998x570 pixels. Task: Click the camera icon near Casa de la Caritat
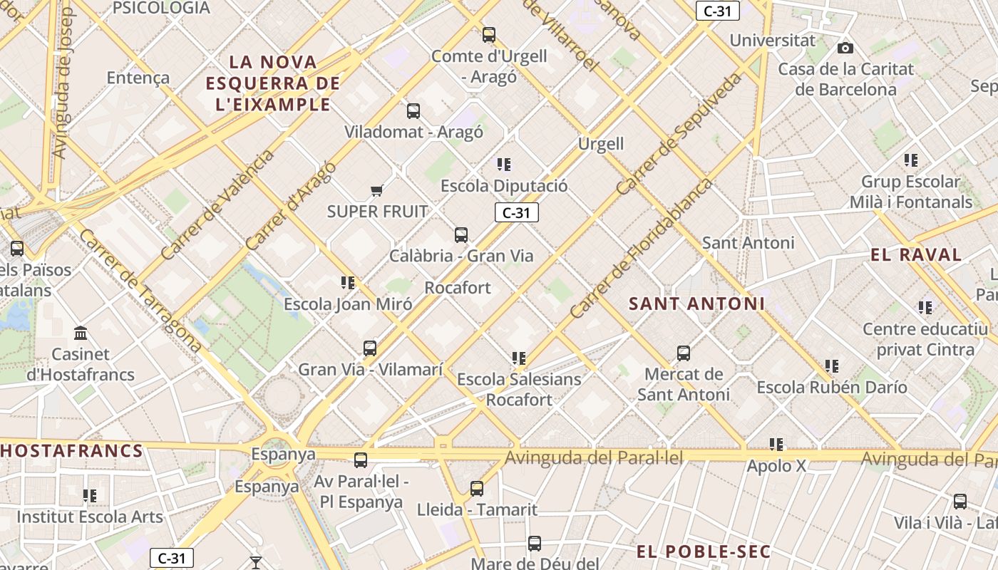(845, 48)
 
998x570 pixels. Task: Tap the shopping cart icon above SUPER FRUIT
(377, 190)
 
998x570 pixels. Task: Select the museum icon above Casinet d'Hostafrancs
(81, 333)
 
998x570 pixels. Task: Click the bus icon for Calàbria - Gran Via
(461, 234)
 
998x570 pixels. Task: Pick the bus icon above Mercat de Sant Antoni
(684, 353)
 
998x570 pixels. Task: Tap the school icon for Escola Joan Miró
(348, 283)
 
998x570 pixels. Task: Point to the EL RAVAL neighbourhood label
(916, 255)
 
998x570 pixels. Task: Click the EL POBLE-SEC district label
(704, 551)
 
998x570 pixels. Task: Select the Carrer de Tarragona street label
(140, 291)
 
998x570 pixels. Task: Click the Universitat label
(772, 40)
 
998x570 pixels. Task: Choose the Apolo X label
(776, 466)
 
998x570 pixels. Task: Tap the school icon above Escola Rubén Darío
(832, 366)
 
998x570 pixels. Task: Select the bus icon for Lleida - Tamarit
(477, 489)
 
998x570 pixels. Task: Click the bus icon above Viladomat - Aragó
(413, 111)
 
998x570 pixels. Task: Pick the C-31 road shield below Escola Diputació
(516, 212)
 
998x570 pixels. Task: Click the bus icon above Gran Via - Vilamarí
(370, 348)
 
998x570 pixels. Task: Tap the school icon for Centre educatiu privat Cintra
(925, 308)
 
